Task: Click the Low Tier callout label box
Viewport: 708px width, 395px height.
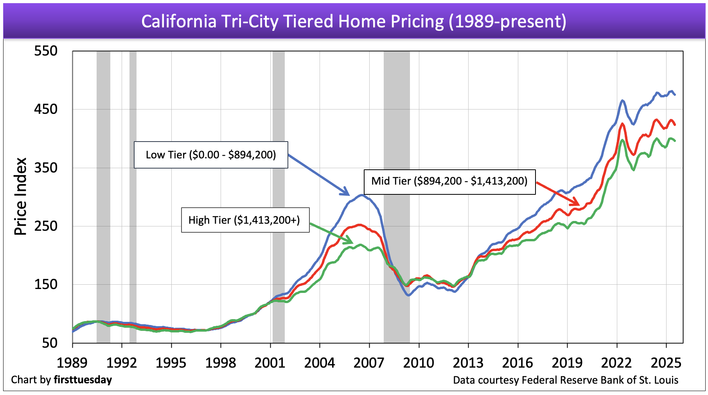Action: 211,155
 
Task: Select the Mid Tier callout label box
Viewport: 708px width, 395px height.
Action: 449,181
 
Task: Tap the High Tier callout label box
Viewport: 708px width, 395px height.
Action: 245,220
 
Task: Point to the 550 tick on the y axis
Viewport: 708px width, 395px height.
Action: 46,51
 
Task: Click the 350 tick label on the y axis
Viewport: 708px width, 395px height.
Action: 46,168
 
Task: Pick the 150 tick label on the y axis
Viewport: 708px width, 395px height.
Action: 46,284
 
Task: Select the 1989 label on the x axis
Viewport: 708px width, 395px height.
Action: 72,363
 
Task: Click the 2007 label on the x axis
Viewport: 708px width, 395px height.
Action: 369,363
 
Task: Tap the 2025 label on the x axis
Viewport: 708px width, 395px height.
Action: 666,363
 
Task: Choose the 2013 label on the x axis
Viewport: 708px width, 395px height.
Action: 468,363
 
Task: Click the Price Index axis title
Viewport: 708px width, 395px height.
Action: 20,196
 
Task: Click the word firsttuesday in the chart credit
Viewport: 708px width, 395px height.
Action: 83,380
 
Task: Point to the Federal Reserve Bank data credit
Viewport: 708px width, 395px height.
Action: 566,380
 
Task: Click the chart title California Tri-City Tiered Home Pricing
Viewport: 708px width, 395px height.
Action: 354,22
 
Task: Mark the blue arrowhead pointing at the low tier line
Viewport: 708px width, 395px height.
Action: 346,192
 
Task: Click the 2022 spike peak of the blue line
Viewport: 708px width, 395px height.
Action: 622,101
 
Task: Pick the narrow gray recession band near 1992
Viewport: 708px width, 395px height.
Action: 133,196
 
